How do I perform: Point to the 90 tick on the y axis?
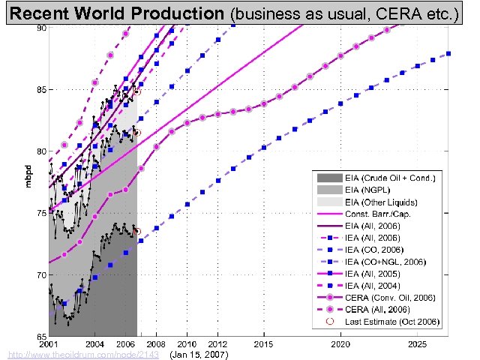click(x=42, y=28)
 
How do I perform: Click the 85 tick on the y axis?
click(x=42, y=89)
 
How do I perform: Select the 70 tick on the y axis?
click(x=42, y=274)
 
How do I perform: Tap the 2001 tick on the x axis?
click(x=49, y=343)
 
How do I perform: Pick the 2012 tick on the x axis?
click(x=218, y=343)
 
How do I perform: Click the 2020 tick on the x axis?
click(x=341, y=343)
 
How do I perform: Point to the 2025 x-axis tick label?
click(x=418, y=343)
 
